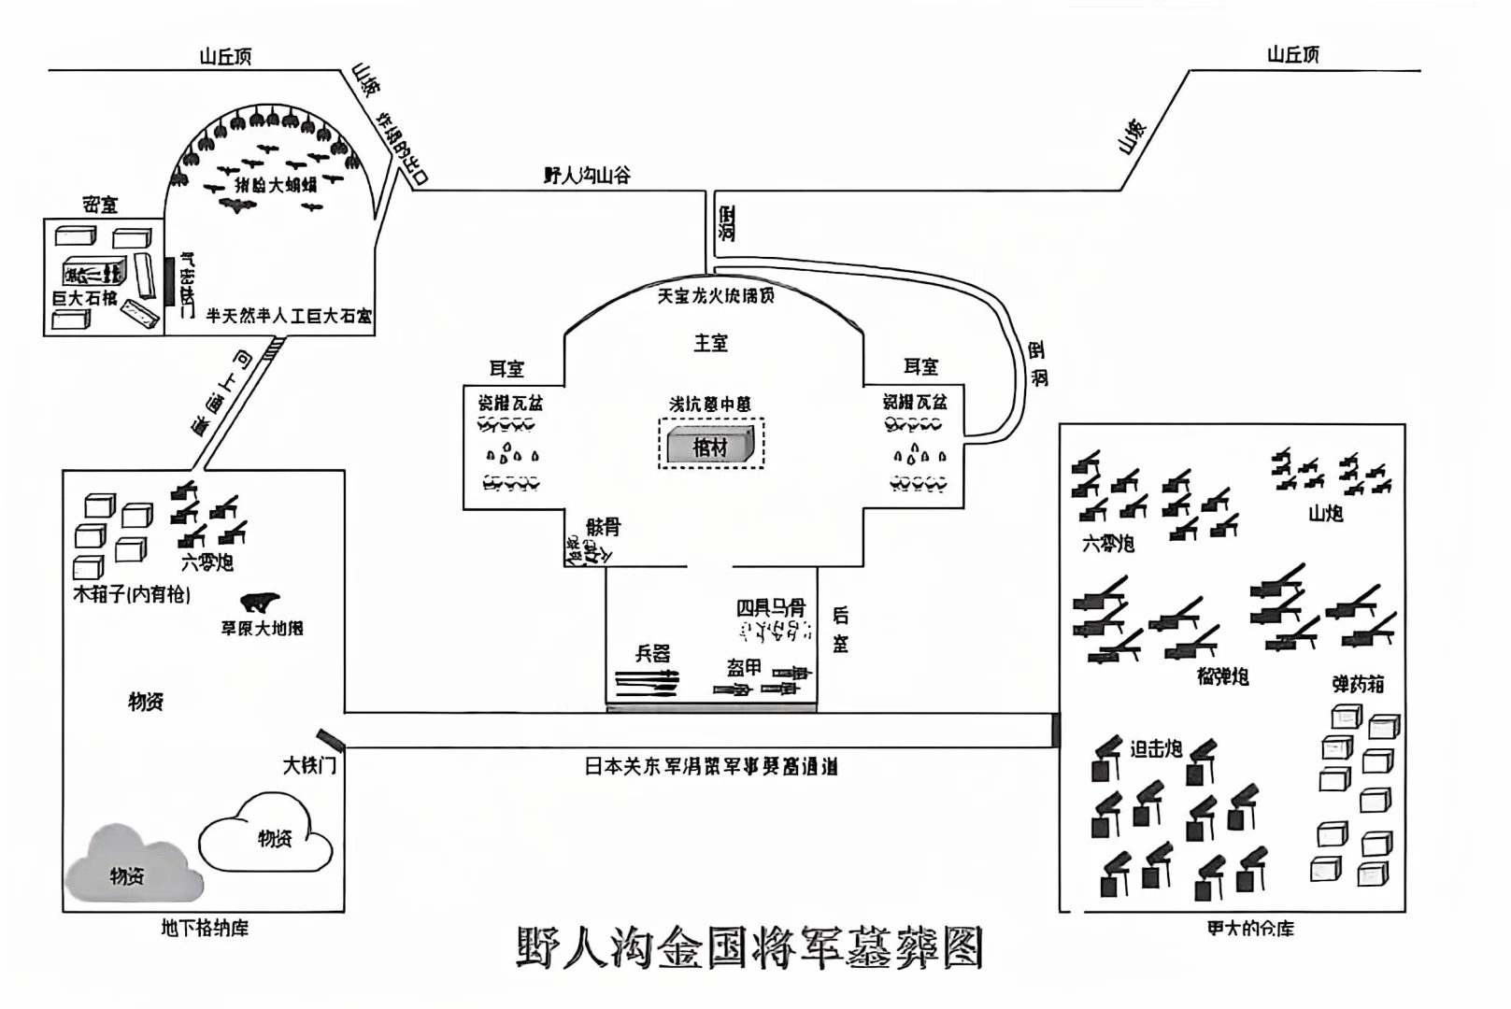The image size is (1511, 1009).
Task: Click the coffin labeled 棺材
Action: click(x=710, y=447)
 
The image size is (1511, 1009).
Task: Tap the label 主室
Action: click(x=710, y=343)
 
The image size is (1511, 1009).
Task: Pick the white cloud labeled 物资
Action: click(x=269, y=834)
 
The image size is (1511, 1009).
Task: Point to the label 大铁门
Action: click(x=309, y=766)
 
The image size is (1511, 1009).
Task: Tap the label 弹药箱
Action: click(x=1358, y=684)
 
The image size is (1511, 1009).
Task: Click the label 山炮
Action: click(x=1325, y=513)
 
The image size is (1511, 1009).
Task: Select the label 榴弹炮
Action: click(x=1222, y=675)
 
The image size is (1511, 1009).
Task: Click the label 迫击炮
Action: click(x=1156, y=748)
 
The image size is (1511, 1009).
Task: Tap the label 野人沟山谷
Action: click(x=587, y=175)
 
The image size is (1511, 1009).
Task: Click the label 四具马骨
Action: click(x=771, y=607)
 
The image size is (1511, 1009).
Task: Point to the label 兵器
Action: click(x=652, y=653)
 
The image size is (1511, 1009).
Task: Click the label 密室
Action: click(x=100, y=205)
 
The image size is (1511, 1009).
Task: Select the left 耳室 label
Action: click(x=506, y=369)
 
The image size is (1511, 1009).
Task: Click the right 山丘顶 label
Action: click(x=1293, y=55)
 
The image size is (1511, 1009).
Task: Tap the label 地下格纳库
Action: click(x=205, y=928)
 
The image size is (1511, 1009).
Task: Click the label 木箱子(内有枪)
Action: click(x=132, y=594)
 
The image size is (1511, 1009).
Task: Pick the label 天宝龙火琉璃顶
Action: click(x=716, y=295)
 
